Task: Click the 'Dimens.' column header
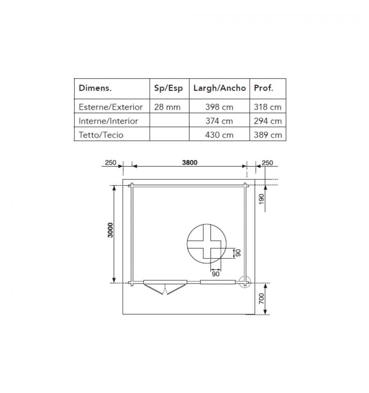click(95, 88)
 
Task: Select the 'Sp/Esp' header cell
click(169, 88)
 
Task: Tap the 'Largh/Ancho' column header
click(220, 88)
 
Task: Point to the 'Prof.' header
click(264, 88)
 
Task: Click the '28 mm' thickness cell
click(167, 107)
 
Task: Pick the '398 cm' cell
click(219, 107)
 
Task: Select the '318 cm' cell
click(267, 107)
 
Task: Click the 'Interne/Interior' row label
click(108, 121)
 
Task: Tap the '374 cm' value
click(219, 121)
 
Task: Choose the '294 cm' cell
click(268, 121)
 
